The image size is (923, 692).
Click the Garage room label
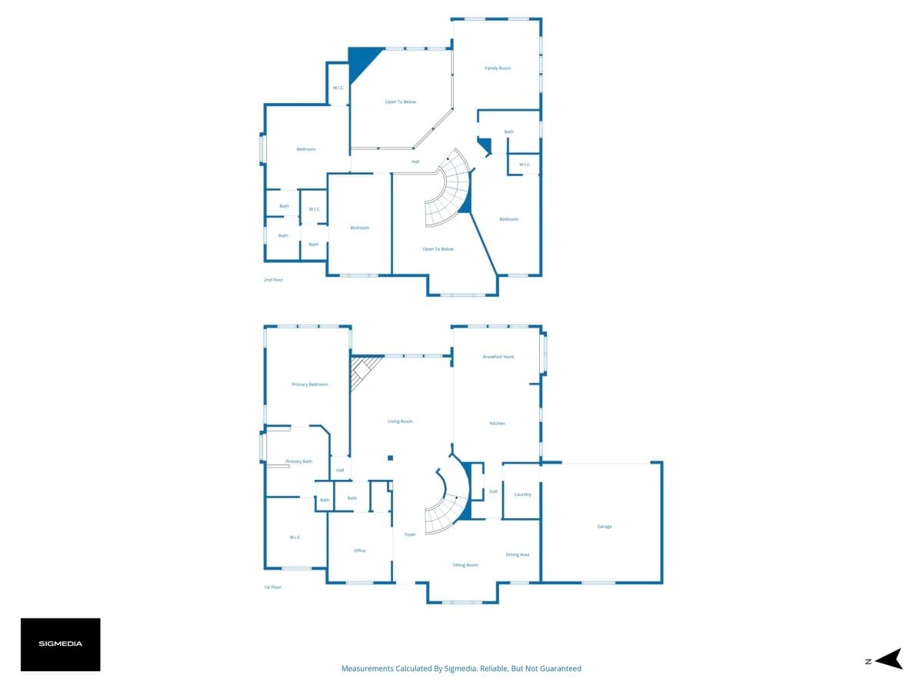point(605,527)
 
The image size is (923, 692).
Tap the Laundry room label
point(522,494)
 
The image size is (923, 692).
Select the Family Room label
point(498,68)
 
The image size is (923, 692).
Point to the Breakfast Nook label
point(498,357)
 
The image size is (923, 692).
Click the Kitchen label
point(498,424)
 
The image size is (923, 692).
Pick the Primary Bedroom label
point(310,384)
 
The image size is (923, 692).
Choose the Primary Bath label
point(299,461)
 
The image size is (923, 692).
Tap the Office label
point(359,551)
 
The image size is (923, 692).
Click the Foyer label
point(410,534)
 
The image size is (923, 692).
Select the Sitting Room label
point(465,565)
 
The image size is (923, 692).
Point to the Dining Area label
point(518,554)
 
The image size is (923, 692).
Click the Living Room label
point(400,421)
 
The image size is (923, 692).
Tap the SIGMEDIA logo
point(61,644)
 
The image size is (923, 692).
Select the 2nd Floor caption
point(273,280)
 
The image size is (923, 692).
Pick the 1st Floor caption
point(272,587)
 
